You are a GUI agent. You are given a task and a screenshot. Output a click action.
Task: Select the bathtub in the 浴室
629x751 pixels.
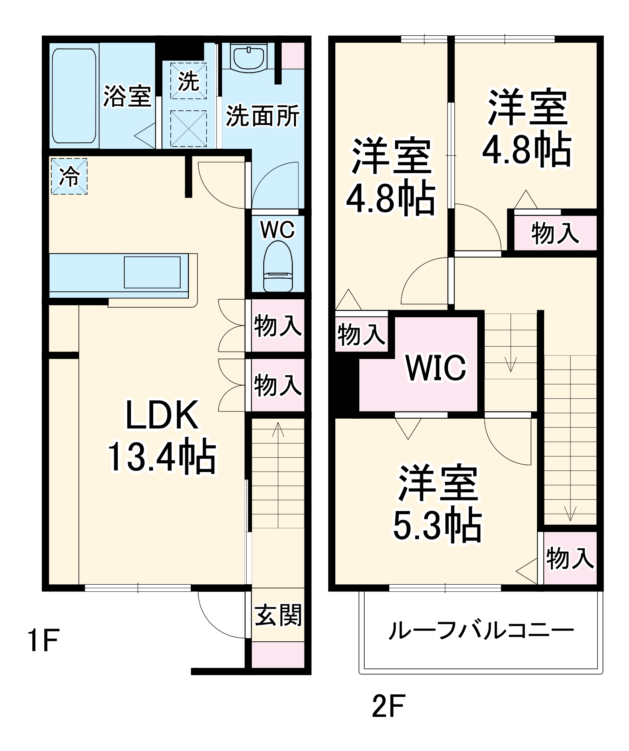tap(74, 96)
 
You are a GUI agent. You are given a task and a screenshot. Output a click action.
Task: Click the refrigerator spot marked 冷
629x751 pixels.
tap(69, 176)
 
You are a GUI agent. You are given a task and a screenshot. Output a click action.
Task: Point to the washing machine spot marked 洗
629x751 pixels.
tap(189, 81)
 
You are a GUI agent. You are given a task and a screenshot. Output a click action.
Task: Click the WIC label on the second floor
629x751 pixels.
tap(436, 367)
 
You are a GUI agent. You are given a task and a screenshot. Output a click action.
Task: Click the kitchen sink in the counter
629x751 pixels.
tap(152, 272)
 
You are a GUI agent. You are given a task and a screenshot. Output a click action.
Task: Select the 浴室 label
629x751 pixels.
tap(127, 96)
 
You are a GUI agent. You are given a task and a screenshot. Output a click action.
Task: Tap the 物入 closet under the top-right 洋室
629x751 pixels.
tap(555, 233)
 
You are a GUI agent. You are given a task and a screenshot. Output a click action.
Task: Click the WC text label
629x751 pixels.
tap(278, 229)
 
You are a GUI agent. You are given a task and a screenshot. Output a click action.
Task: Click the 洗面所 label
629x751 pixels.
tap(262, 116)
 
